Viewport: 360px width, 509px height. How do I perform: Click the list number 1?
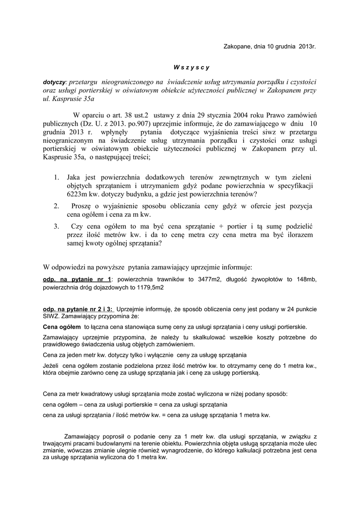56,177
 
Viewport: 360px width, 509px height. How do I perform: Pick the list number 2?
56,206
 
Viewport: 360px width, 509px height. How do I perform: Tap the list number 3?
56,226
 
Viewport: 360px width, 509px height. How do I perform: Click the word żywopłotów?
270,279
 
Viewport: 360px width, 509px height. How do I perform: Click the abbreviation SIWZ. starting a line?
52,316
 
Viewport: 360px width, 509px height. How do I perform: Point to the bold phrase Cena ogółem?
62,327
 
